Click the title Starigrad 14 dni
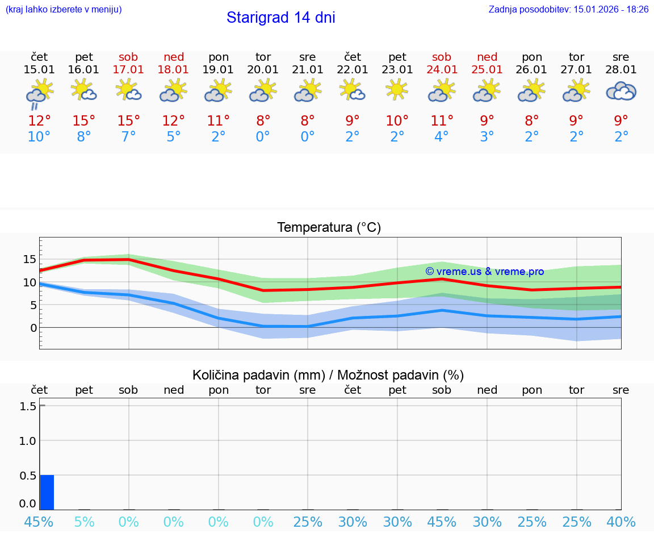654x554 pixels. pyautogui.click(x=280, y=18)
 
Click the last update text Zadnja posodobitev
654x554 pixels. pyautogui.click(x=568, y=10)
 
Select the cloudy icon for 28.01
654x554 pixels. pyautogui.click(x=621, y=91)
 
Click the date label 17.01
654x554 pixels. pyautogui.click(x=129, y=70)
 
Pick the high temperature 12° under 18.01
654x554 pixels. pyautogui.click(x=174, y=120)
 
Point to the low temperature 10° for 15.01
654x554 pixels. pyautogui.click(x=39, y=137)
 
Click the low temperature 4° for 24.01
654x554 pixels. pyautogui.click(x=442, y=137)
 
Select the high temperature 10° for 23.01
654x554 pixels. pyautogui.click(x=397, y=120)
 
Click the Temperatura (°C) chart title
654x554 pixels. pyautogui.click(x=329, y=228)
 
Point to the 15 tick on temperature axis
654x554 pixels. pyautogui.click(x=30, y=259)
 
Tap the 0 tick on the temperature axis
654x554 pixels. pyautogui.click(x=33, y=328)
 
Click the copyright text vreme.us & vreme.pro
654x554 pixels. pyautogui.click(x=485, y=272)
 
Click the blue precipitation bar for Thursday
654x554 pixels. pyautogui.click(x=47, y=492)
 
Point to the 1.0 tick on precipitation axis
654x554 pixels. pyautogui.click(x=27, y=441)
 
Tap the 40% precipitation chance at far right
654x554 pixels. pyautogui.click(x=621, y=522)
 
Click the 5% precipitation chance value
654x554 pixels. pyautogui.click(x=84, y=522)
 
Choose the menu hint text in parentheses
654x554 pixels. pyautogui.click(x=64, y=10)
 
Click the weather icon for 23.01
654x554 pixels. pyautogui.click(x=397, y=90)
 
